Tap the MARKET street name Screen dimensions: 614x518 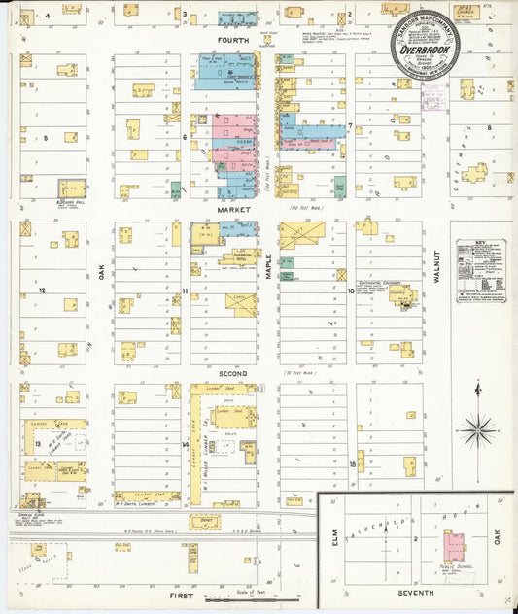233,209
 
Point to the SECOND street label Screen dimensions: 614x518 233,373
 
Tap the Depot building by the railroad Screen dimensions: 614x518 204,522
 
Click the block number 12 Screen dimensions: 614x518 42,290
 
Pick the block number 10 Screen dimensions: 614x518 350,290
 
